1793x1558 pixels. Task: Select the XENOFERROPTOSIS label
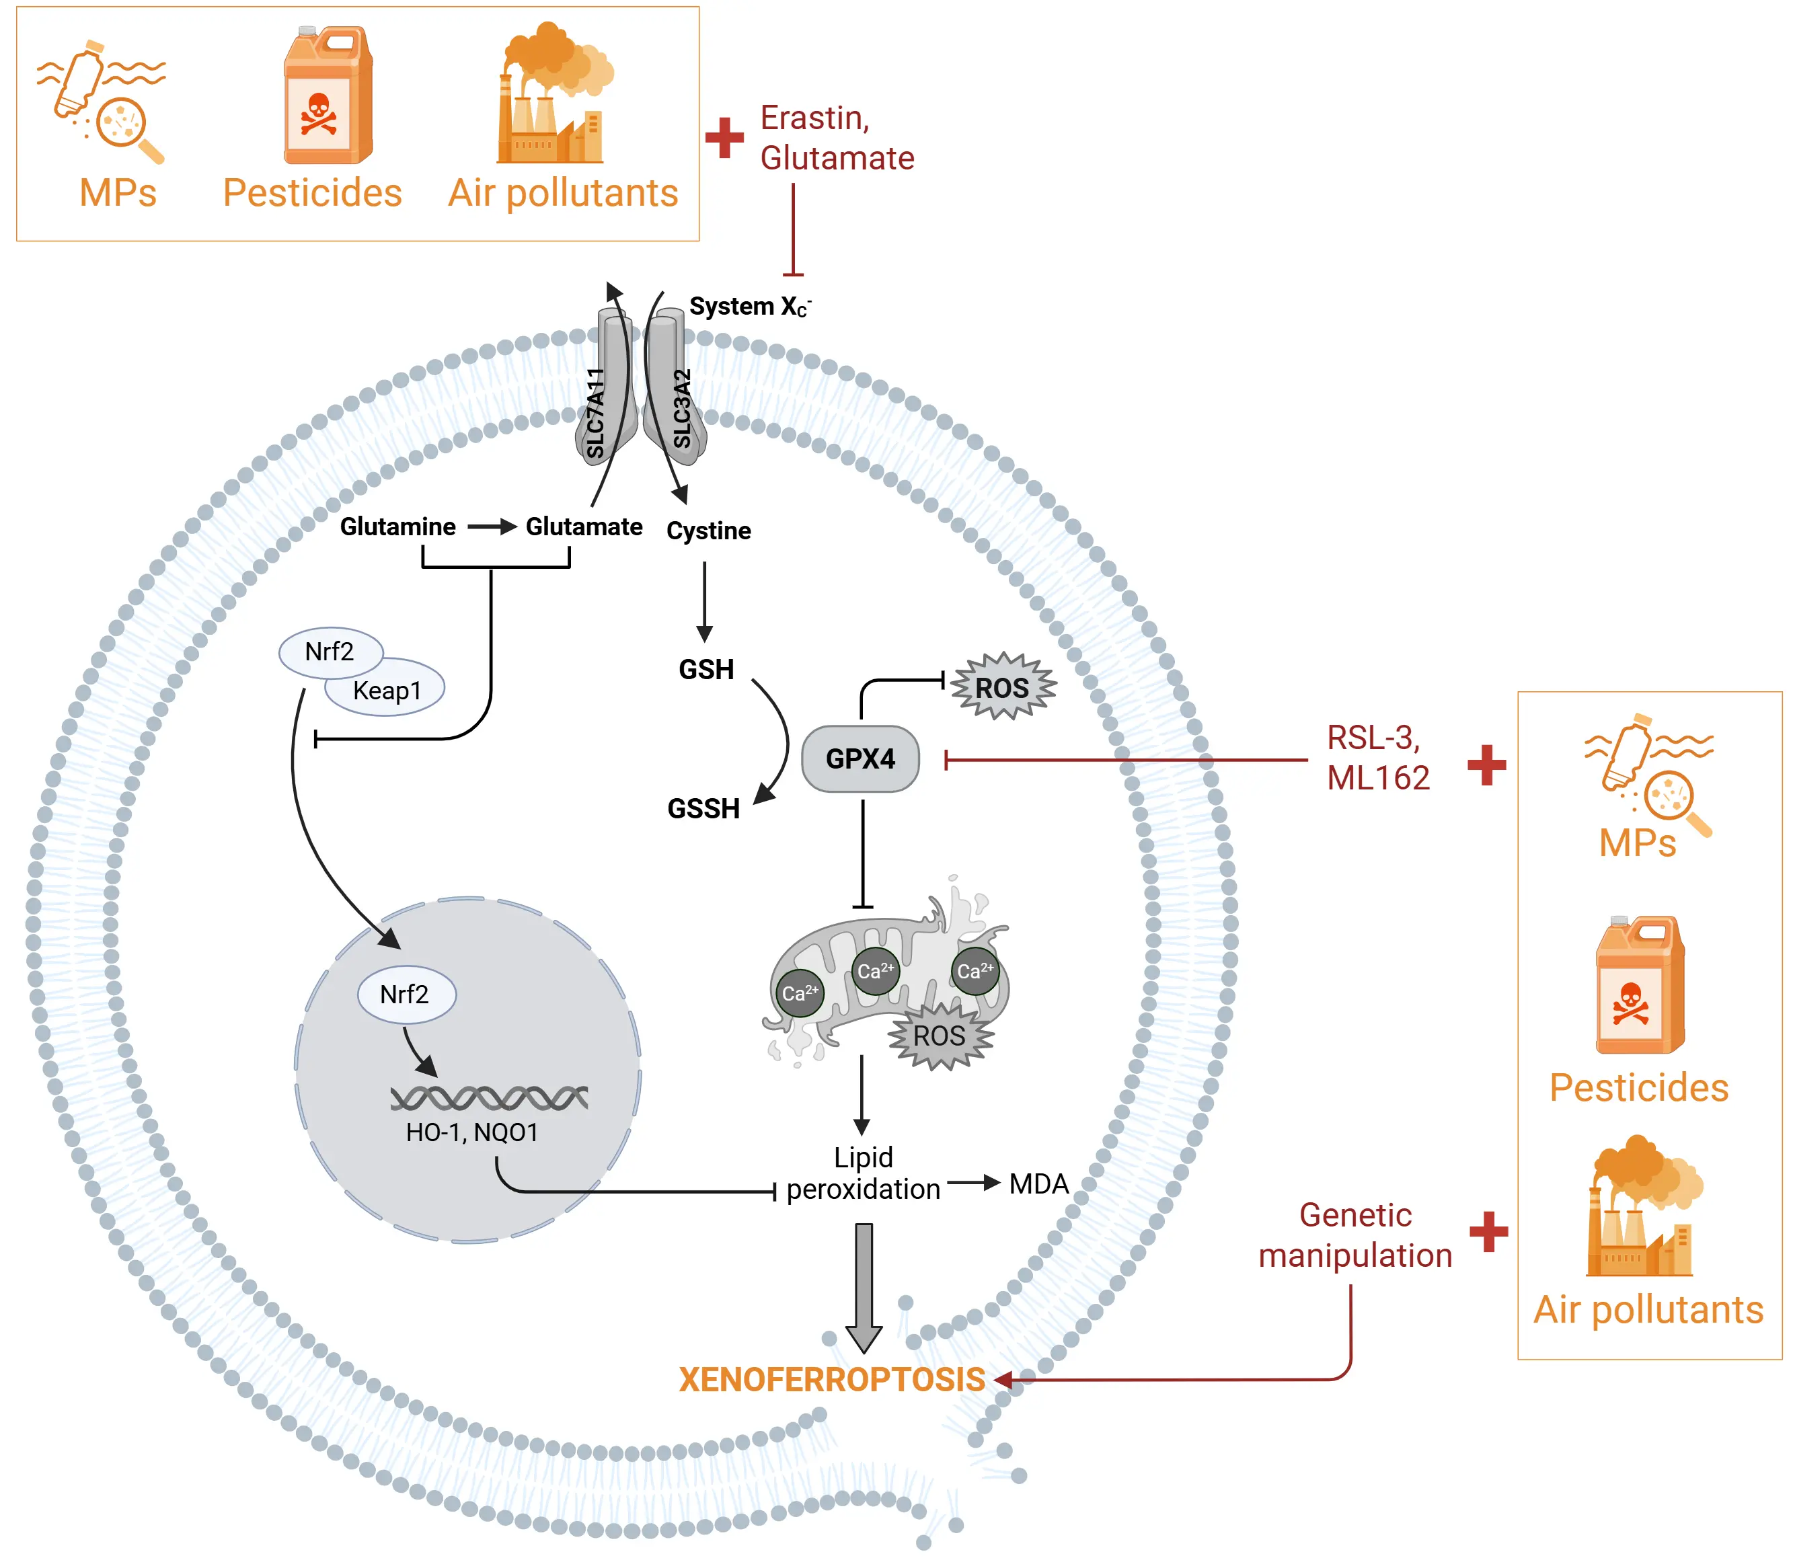pos(831,1380)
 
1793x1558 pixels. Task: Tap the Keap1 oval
pos(387,691)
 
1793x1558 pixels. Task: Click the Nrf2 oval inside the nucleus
pos(406,994)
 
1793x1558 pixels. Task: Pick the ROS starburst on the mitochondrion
pos(939,1036)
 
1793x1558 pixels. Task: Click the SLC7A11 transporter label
pos(596,413)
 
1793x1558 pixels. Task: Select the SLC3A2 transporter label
pos(683,409)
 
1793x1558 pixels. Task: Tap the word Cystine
pos(709,531)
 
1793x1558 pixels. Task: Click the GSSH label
pos(703,808)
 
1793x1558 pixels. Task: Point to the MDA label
pos(1038,1184)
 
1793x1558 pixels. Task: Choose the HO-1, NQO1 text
pos(472,1132)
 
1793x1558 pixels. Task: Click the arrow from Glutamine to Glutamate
pos(491,527)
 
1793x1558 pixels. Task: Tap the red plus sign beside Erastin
pos(724,137)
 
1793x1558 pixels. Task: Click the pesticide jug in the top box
pos(328,95)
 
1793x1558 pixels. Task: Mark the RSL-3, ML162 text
pos(1377,757)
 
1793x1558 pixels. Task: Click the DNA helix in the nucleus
pos(489,1098)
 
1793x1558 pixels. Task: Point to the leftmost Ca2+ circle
pos(799,993)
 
